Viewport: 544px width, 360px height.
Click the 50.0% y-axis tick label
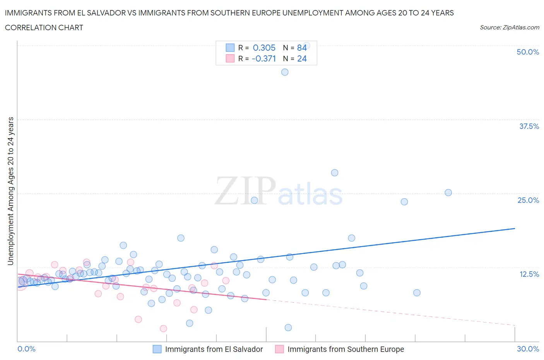coord(528,52)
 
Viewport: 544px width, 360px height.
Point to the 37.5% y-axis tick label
coord(529,126)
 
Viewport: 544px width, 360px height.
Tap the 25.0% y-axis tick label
coord(528,200)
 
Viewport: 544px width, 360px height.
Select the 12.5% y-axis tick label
coord(529,274)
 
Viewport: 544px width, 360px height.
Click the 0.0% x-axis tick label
coord(26,349)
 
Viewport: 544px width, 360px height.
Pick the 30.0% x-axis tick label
coord(528,349)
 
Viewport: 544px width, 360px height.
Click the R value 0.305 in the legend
coord(264,48)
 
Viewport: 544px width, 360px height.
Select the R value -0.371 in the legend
coord(263,58)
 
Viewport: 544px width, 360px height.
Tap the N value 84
coord(302,48)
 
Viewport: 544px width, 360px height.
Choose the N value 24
coord(302,58)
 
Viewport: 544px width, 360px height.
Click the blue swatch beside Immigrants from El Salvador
coord(157,349)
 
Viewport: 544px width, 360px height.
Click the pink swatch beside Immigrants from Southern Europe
coord(279,349)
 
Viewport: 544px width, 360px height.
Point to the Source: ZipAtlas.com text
coord(509,27)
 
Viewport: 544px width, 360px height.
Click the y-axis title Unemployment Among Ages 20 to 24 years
coord(10,191)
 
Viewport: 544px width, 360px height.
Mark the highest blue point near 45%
coord(285,72)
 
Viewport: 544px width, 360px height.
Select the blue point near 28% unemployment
coord(335,173)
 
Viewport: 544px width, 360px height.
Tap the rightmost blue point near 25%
coord(448,192)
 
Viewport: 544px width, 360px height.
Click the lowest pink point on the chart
coord(163,328)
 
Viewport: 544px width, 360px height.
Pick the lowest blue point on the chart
coord(288,327)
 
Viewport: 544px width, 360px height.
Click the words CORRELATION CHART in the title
coord(44,27)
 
